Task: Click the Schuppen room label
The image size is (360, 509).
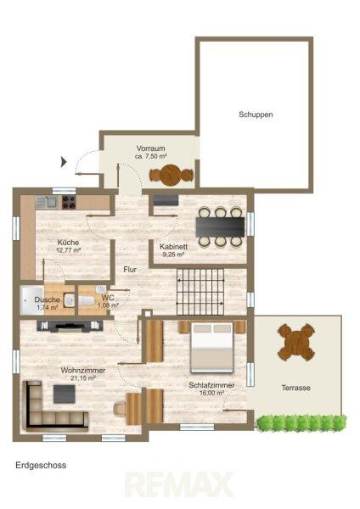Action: [256, 115]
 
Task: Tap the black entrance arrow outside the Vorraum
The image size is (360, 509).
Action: [64, 161]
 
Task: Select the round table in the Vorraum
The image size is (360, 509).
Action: [172, 176]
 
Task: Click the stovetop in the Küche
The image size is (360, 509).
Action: [69, 202]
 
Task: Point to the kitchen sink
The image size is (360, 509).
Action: [46, 202]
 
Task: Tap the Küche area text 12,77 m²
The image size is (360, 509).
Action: [68, 250]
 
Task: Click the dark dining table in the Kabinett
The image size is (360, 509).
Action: [220, 227]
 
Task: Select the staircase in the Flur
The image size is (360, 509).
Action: [200, 292]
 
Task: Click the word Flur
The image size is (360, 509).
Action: [130, 270]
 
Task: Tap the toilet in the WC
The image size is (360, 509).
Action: [87, 300]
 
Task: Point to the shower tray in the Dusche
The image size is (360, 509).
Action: [31, 300]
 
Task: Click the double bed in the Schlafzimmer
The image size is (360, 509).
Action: [212, 347]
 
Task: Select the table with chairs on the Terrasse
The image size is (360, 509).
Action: [296, 342]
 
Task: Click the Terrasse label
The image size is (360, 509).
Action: [295, 388]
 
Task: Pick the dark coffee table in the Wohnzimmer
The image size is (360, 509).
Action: [65, 394]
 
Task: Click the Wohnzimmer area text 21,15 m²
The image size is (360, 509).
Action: [83, 378]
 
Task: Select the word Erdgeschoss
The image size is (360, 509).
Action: [41, 465]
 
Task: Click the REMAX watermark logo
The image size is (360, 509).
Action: [180, 484]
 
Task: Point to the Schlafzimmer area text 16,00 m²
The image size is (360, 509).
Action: [212, 393]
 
